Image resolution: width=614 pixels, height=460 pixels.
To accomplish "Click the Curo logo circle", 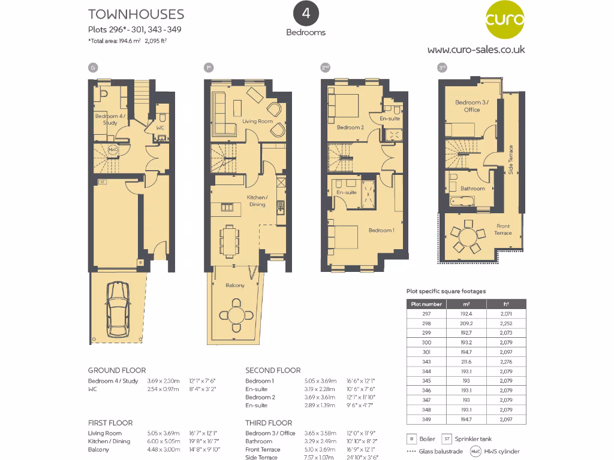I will point(504,22).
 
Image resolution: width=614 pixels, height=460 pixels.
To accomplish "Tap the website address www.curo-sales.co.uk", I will point(475,49).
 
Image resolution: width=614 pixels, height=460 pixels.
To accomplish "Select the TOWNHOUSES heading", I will point(136,14).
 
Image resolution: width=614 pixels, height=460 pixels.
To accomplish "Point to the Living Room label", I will point(257,122).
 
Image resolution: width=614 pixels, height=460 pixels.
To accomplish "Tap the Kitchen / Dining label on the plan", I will point(257,201).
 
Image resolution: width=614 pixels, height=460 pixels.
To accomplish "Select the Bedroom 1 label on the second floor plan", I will point(381,230).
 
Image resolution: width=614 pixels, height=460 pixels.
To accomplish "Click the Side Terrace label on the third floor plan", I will point(511,160).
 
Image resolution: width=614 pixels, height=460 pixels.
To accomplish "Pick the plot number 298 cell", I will point(427,323).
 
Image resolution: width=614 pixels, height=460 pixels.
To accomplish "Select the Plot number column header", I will point(427,304).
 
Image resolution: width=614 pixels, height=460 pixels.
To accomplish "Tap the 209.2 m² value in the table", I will point(466,323).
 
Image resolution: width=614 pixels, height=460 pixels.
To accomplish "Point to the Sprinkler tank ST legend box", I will point(447,439).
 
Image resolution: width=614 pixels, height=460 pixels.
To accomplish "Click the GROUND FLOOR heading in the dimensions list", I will point(117,370).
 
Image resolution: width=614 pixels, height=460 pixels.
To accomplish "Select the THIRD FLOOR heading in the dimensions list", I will point(269,423).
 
